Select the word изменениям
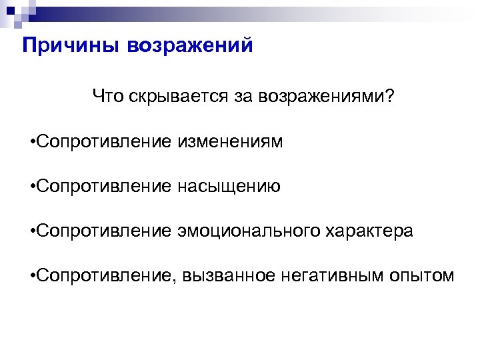(230, 142)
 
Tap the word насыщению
(229, 187)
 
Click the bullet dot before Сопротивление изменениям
(33, 143)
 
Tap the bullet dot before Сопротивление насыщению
(33, 187)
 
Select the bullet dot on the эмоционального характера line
(33, 232)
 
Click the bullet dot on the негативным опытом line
(33, 276)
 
